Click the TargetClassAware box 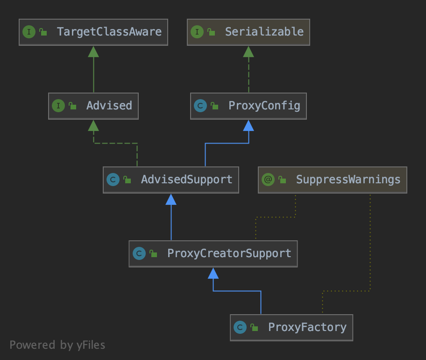[x=93, y=32]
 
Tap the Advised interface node [x=93, y=106]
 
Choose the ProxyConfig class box [x=248, y=106]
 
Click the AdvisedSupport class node [x=171, y=180]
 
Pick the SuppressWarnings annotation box [x=333, y=180]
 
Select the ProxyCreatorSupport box [x=213, y=253]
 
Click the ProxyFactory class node [x=291, y=327]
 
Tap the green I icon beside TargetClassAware [x=29, y=32]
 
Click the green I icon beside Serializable [x=197, y=32]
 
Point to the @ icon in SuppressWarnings [x=268, y=180]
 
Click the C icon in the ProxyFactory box [x=240, y=327]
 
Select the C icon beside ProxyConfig [x=200, y=106]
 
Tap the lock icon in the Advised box [x=72, y=106]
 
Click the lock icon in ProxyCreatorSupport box [x=153, y=254]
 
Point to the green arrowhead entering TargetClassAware [x=93, y=51]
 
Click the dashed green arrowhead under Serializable [x=248, y=51]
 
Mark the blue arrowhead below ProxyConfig [x=248, y=125]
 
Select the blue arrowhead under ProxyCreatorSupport [x=213, y=273]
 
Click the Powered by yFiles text [x=57, y=345]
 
